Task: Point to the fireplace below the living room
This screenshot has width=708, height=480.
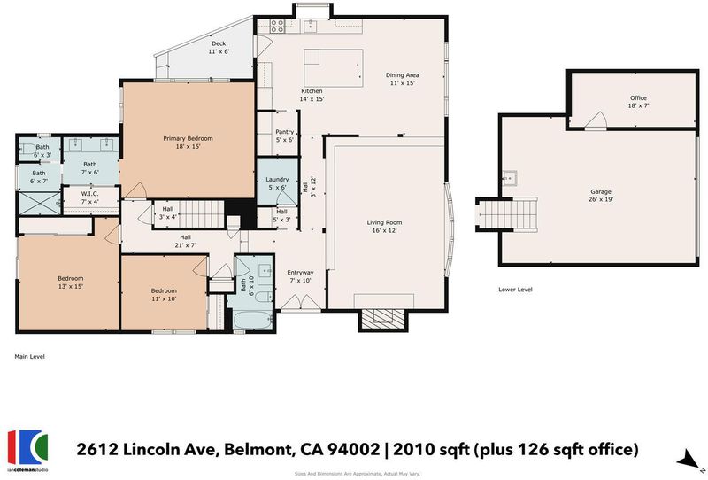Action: [383, 319]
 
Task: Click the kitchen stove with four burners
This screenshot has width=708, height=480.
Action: [277, 27]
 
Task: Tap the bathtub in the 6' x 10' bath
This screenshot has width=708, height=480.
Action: [252, 321]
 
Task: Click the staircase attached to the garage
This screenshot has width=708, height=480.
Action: [506, 215]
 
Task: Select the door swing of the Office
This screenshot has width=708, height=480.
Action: [596, 120]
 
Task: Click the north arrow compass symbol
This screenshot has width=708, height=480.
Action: [689, 461]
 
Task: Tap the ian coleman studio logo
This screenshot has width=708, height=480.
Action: [27, 450]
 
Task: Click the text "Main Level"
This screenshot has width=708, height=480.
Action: [29, 357]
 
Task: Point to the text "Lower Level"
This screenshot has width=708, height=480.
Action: [515, 290]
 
